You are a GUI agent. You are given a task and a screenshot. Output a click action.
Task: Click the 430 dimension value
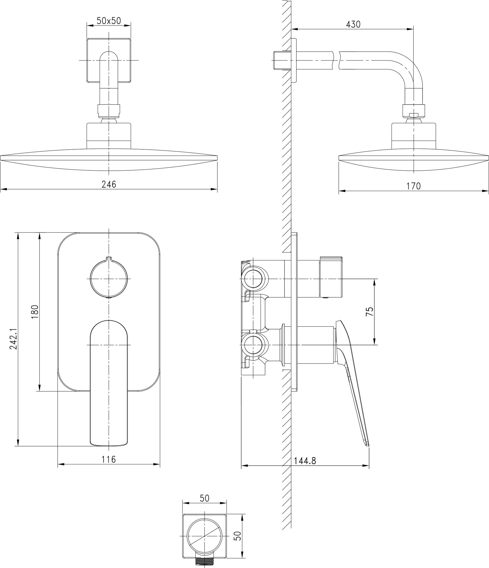[x=353, y=24]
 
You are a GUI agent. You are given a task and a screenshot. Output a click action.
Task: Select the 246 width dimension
[x=109, y=184]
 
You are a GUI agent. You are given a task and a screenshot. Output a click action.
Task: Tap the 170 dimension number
[x=413, y=186]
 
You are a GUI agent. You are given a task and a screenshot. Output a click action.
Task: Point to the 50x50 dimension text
[x=109, y=21]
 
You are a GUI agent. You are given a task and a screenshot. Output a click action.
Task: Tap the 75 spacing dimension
[x=369, y=312]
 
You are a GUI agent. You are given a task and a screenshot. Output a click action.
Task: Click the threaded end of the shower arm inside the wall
[x=280, y=60]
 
